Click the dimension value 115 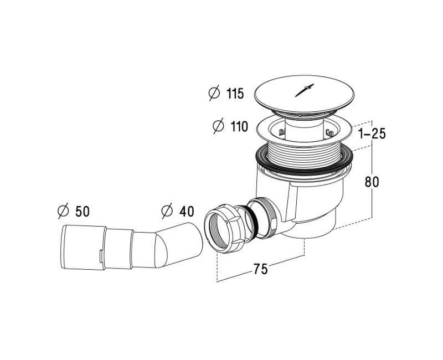coord(235,94)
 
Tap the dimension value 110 coord(239,126)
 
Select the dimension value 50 coord(83,212)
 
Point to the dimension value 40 coord(187,212)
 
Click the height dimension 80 coord(372,182)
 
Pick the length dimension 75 coord(260,269)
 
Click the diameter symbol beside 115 coord(214,94)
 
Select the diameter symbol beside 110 coord(218,126)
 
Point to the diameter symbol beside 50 coord(63,211)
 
